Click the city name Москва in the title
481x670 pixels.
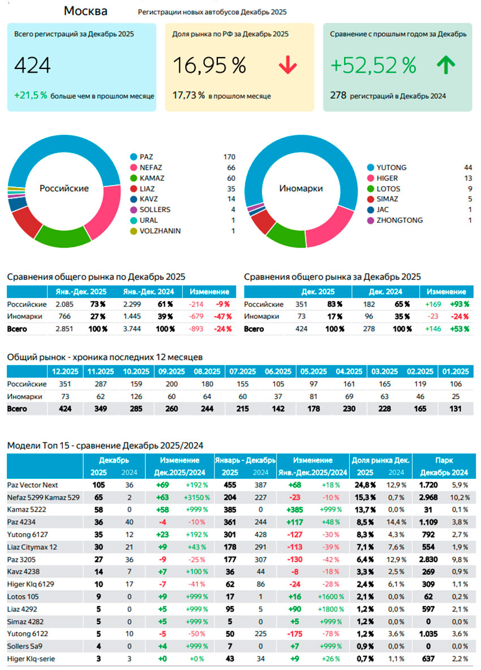coord(85,11)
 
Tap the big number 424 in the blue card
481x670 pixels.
coord(32,66)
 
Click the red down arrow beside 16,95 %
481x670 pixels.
coord(287,66)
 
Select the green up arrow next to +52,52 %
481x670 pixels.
coord(446,66)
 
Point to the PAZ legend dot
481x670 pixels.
coord(134,157)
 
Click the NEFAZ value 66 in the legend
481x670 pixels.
coord(230,167)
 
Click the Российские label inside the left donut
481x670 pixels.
coord(64,188)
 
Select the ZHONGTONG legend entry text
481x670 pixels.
coord(400,220)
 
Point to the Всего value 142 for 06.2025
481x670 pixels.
coord(277,408)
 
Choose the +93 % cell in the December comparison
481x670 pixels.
coord(460,304)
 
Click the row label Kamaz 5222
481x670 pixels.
coord(27,509)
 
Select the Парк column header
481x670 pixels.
coord(444,460)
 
